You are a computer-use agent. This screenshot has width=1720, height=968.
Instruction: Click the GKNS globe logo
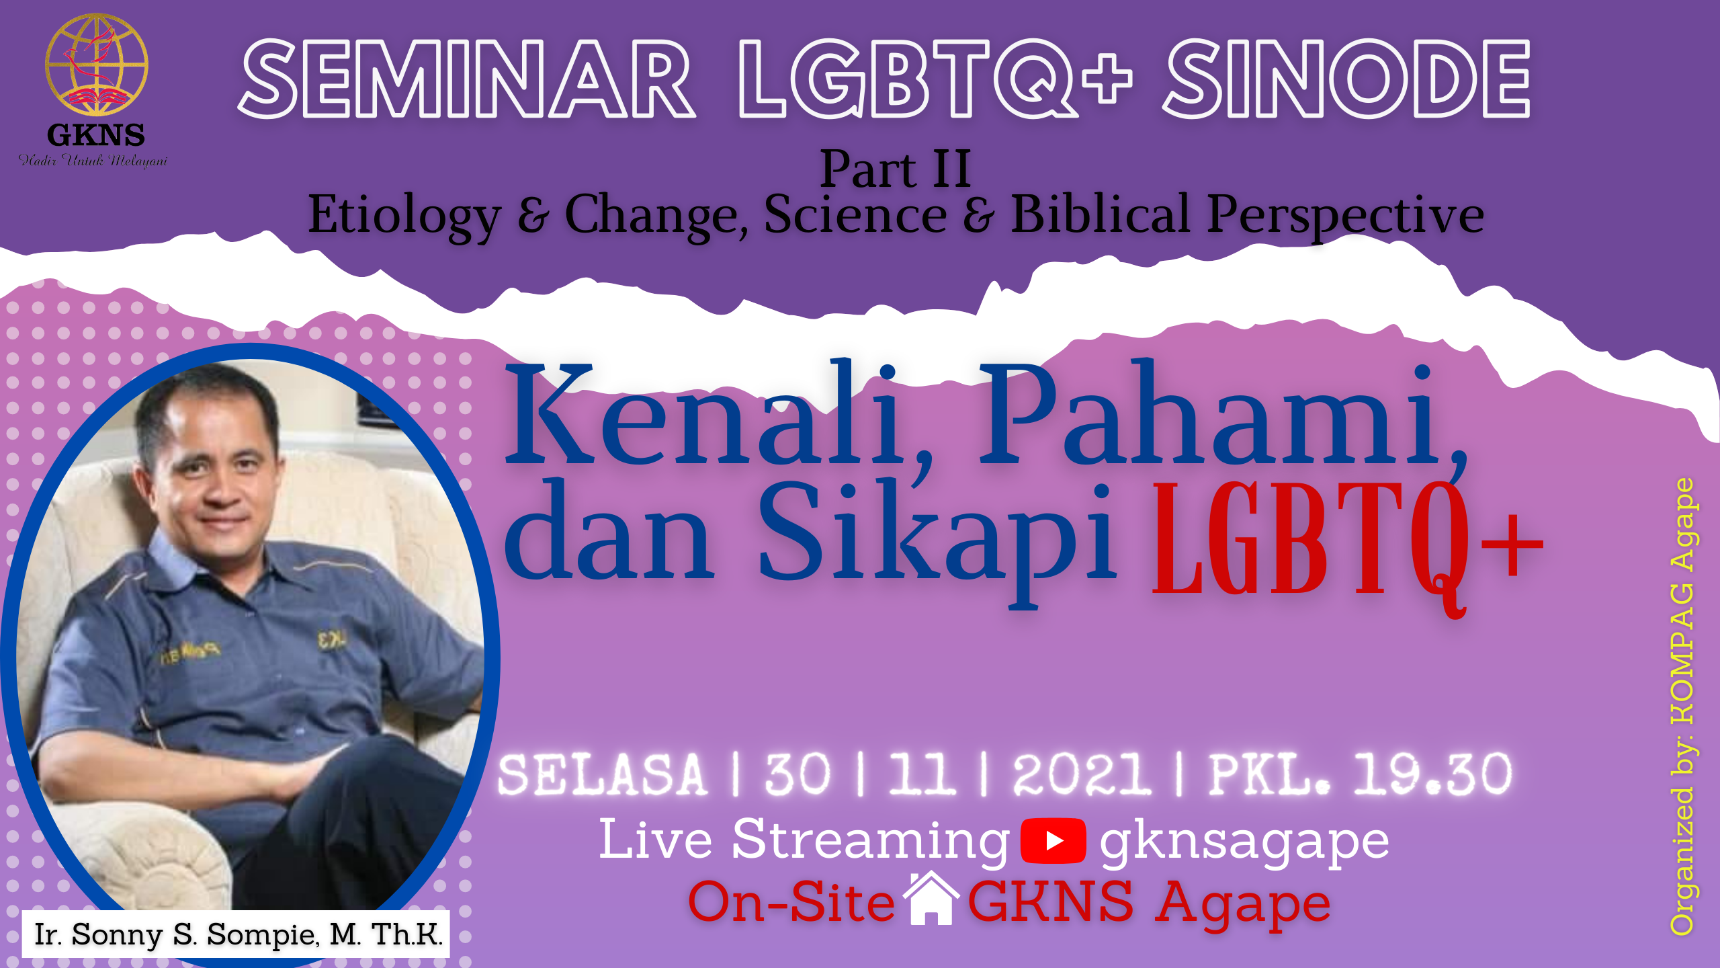point(97,65)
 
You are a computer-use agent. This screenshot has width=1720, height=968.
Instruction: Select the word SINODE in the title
point(1348,79)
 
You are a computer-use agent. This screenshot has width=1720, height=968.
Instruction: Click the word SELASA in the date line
point(603,774)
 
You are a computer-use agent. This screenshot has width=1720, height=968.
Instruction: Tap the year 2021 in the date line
point(1082,774)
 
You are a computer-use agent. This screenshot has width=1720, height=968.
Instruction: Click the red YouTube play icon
point(1053,841)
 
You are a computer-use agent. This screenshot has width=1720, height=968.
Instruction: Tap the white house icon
point(931,898)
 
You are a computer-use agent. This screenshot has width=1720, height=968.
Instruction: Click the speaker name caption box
point(236,934)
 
